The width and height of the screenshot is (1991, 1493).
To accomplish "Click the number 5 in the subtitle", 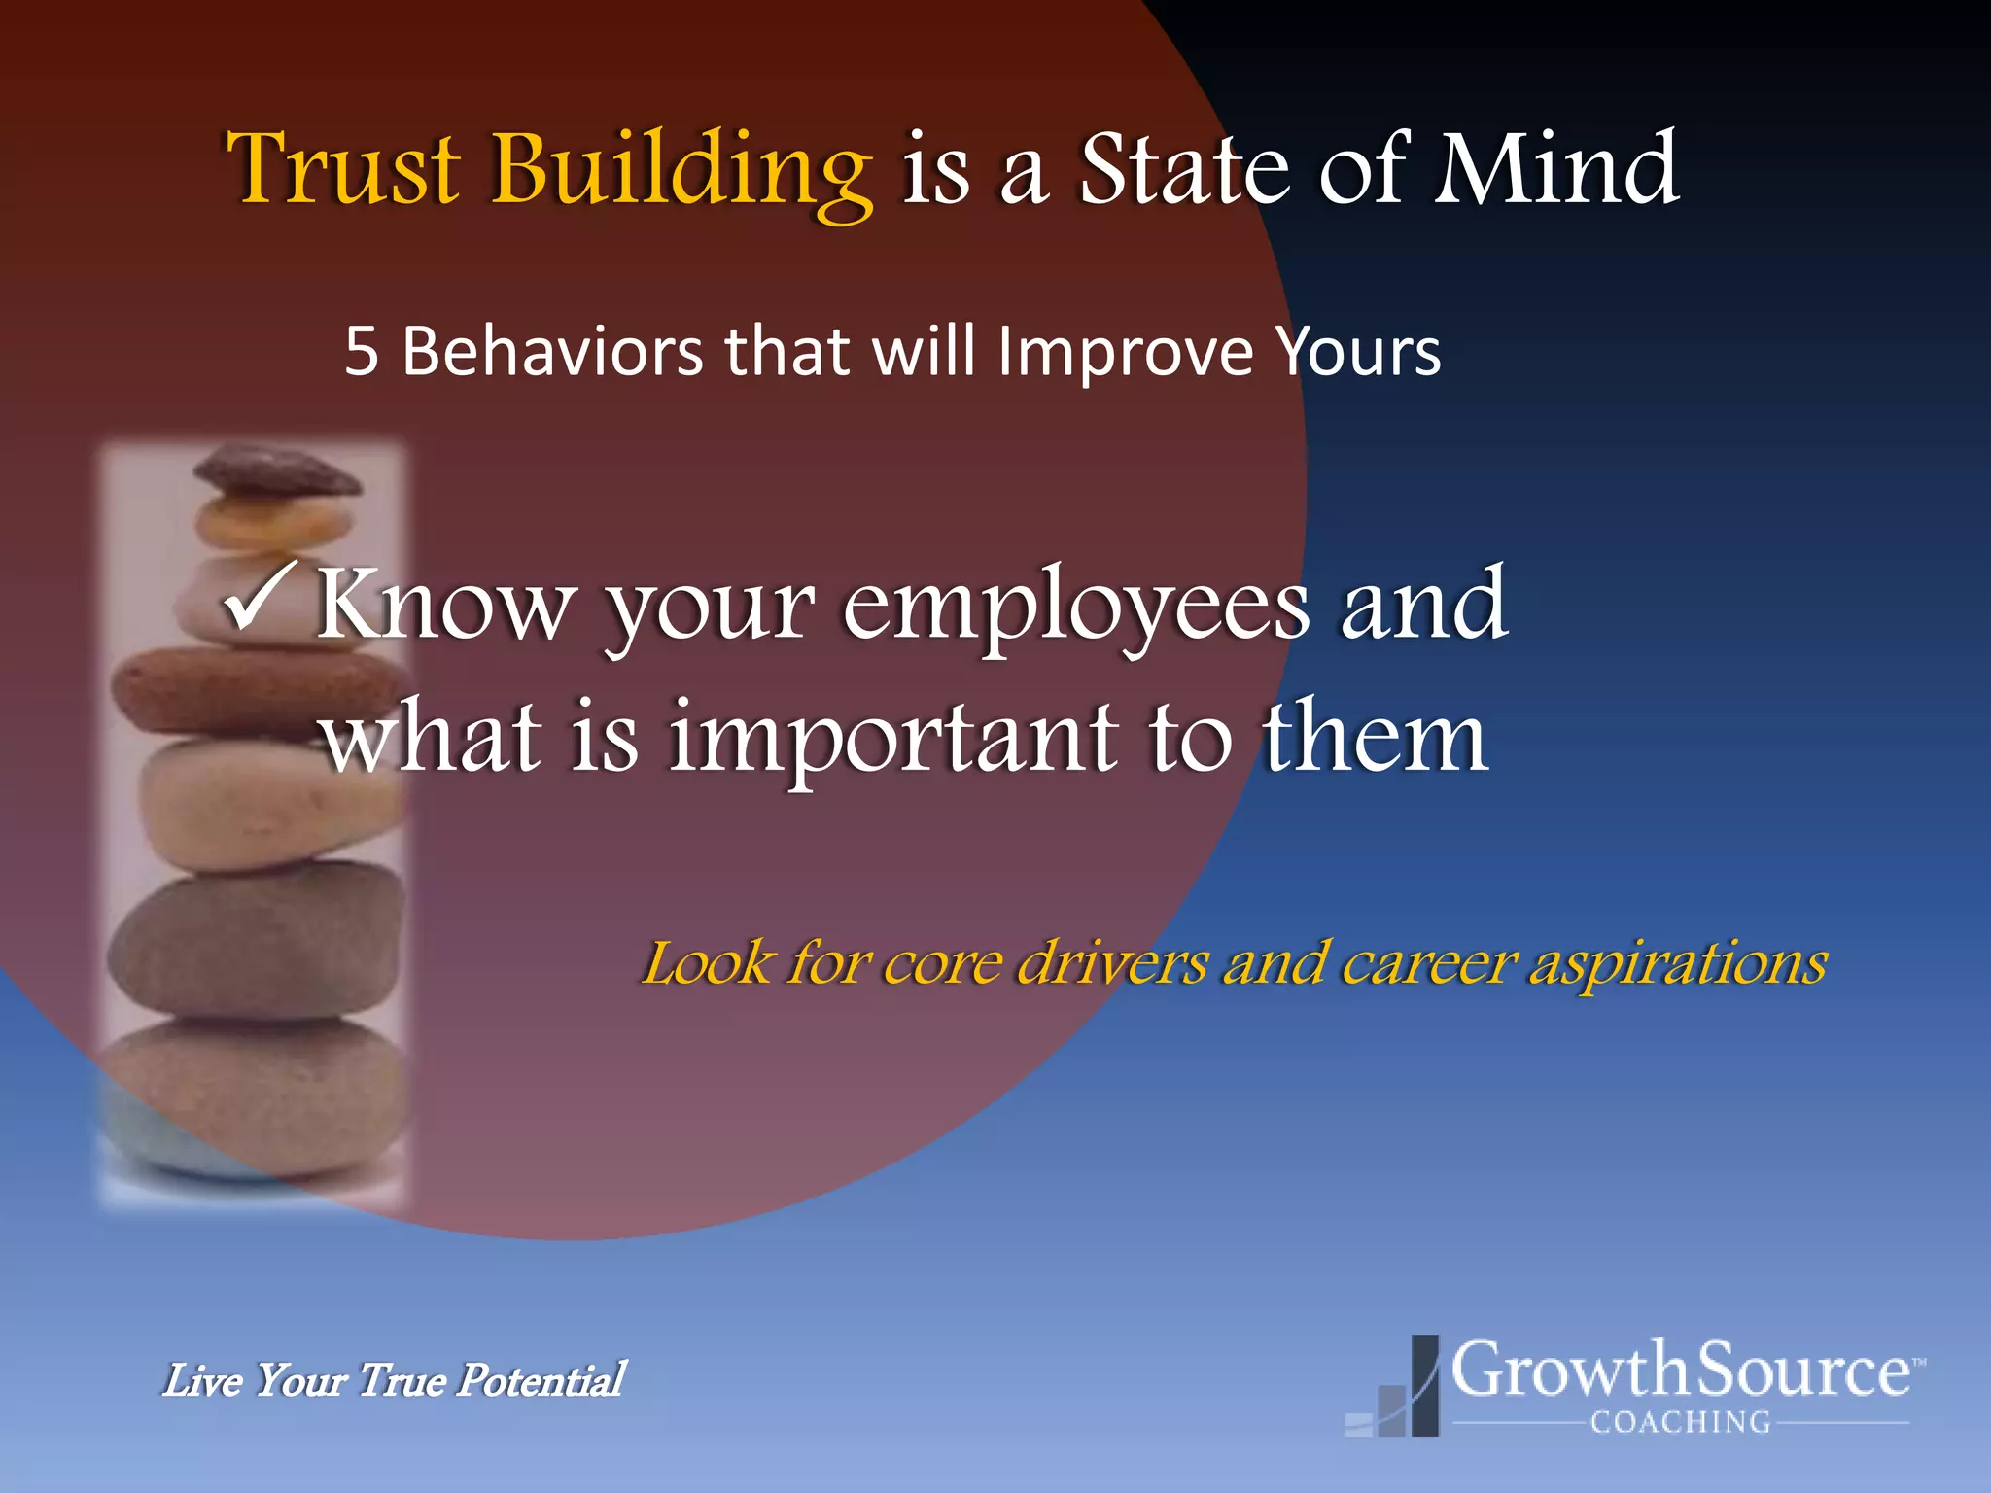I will (x=361, y=352).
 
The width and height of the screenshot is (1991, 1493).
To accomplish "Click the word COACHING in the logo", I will (x=1680, y=1422).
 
